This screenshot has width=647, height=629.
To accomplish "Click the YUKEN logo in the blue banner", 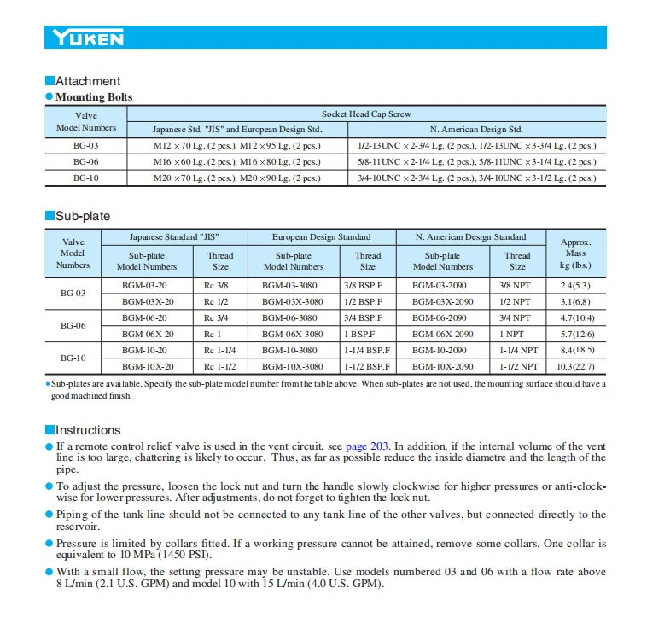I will coord(88,38).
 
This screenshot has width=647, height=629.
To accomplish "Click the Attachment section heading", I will coord(88,81).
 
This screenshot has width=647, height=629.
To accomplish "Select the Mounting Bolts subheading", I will coord(94,97).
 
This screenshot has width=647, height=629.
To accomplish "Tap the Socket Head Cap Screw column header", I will coord(366,113).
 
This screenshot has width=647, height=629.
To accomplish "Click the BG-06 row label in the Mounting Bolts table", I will coord(85,161).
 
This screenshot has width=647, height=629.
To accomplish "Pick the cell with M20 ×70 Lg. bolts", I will coord(236,178).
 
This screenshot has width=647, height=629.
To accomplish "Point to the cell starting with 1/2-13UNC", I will coord(477,145).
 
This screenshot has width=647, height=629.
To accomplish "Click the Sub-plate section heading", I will coord(83,216).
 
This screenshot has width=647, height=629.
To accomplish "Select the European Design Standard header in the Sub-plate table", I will coord(321,236).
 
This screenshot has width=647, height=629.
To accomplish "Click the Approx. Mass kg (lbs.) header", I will coord(575,253).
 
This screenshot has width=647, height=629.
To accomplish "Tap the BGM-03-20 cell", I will coord(146,285).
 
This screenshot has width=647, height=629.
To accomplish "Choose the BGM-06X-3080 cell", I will coord(292,334).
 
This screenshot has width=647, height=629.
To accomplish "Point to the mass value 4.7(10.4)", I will coord(576,317).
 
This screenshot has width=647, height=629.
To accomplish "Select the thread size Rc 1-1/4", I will coord(219,350).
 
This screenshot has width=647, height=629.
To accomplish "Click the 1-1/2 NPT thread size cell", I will coord(518,366).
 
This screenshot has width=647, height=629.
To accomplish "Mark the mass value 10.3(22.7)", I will coord(576,366).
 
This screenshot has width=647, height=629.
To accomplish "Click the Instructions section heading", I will coord(88,430).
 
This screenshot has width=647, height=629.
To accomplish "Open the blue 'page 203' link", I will coord(368,446).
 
